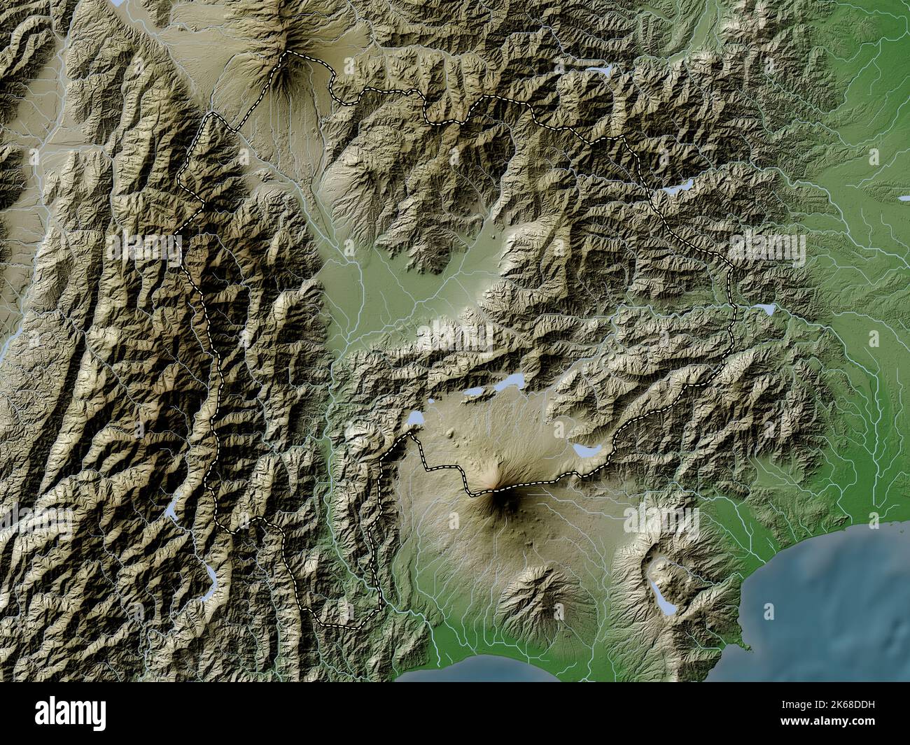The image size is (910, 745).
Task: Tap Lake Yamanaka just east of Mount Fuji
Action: pyautogui.click(x=584, y=450)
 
